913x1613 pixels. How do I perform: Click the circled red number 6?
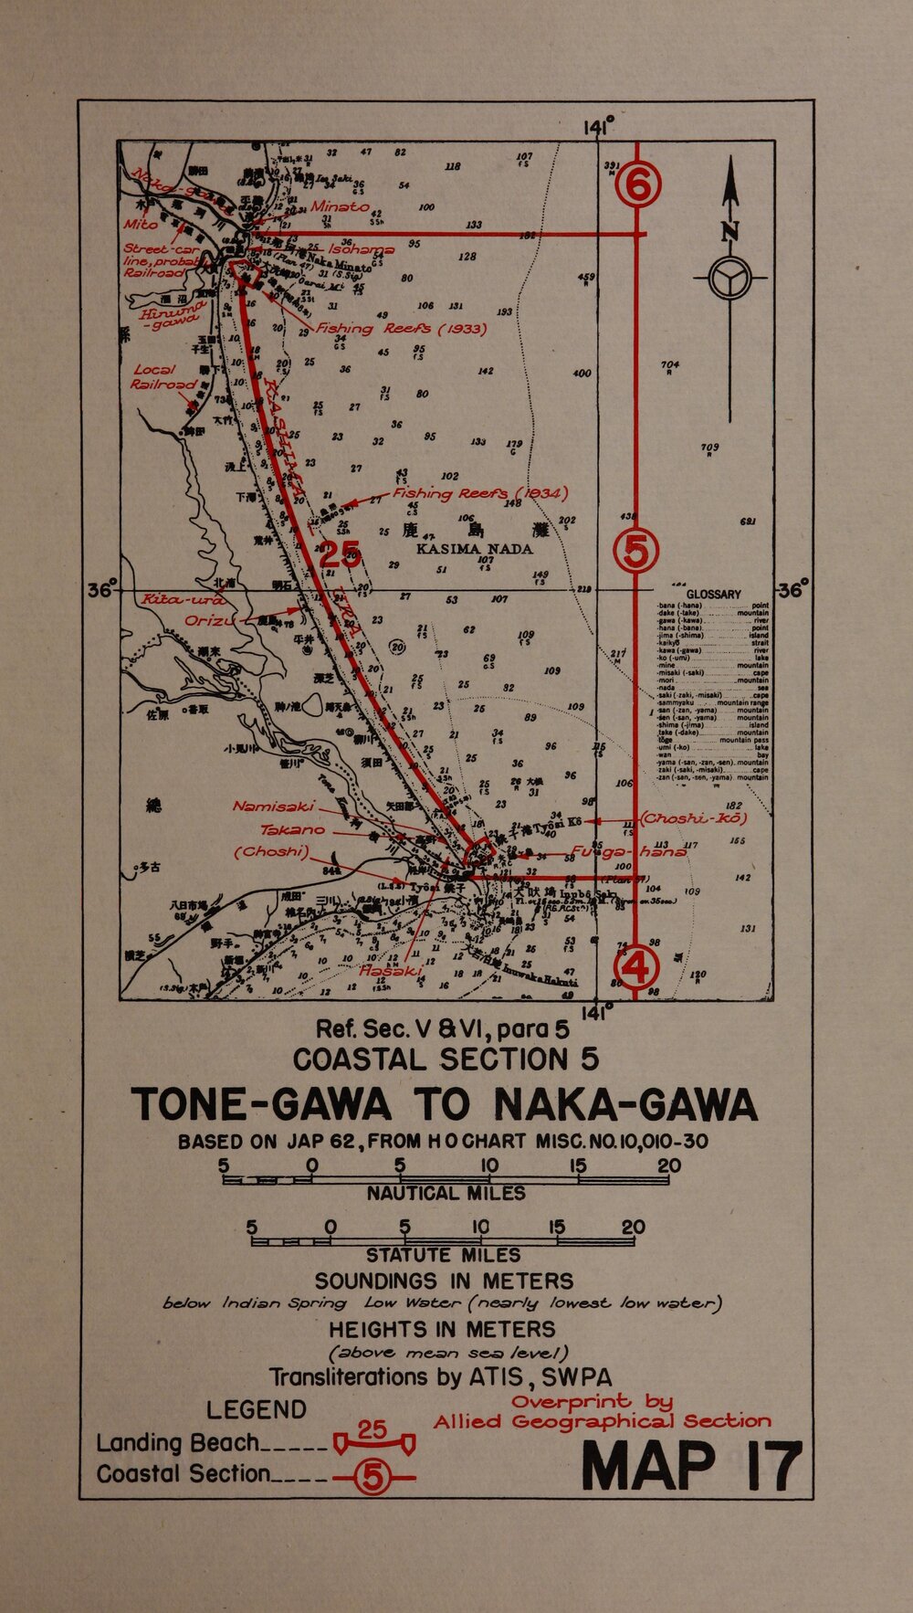[x=637, y=186]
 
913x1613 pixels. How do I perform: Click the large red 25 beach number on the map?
[x=340, y=554]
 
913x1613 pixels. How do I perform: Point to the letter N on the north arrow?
[x=730, y=231]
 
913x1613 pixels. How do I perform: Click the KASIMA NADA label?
[x=474, y=549]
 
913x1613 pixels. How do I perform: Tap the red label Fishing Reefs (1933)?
[x=401, y=328]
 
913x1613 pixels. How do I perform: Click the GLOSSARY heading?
[x=713, y=594]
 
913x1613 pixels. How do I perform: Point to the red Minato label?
[x=340, y=207]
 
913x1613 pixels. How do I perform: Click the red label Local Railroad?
[x=163, y=377]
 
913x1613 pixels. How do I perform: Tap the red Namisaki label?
[x=273, y=806]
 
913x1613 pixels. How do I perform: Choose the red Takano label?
[x=292, y=829]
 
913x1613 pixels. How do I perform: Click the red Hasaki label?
[x=391, y=972]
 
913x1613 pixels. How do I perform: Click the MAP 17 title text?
[x=691, y=1467]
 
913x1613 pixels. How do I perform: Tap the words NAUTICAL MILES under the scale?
[x=446, y=1194]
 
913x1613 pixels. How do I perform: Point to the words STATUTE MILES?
[x=443, y=1256]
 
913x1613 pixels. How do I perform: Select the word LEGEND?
[x=256, y=1409]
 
